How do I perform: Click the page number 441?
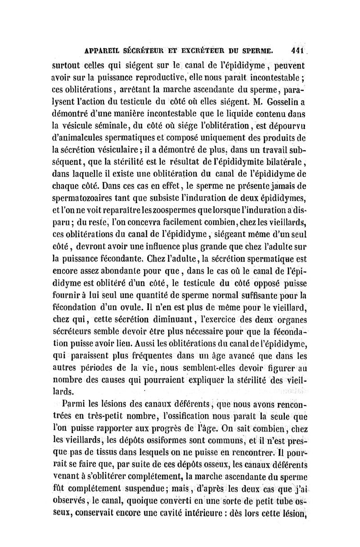tap(297, 50)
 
